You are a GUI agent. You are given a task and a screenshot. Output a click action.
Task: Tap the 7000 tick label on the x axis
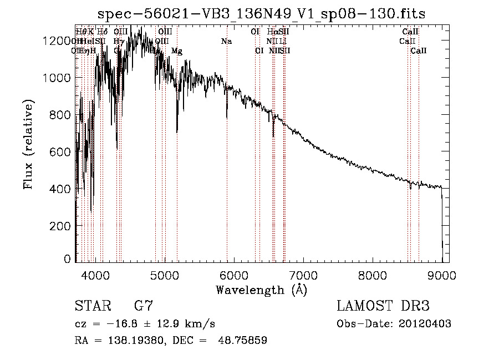point(303,276)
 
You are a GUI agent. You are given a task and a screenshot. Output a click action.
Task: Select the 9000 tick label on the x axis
point(442,276)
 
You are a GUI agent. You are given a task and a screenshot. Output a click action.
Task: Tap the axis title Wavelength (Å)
point(261,290)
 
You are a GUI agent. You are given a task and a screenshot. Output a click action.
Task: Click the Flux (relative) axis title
point(28,144)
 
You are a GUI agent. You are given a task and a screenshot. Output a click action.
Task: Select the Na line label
point(226,42)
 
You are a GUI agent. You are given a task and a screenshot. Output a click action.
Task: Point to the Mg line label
point(177,51)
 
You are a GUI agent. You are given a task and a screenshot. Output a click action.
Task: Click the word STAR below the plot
point(91,306)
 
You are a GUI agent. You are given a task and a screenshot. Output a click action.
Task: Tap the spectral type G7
point(144,306)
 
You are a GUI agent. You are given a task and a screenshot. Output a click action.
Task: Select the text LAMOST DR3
point(383,306)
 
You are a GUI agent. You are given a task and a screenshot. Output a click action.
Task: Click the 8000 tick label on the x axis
point(373,276)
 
